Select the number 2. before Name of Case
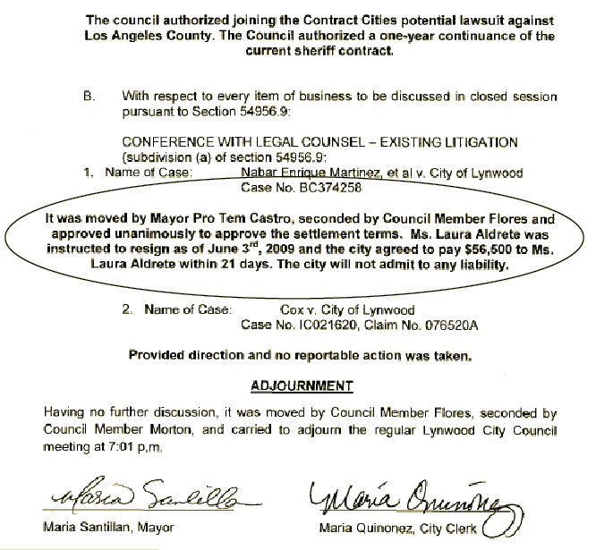127,310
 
